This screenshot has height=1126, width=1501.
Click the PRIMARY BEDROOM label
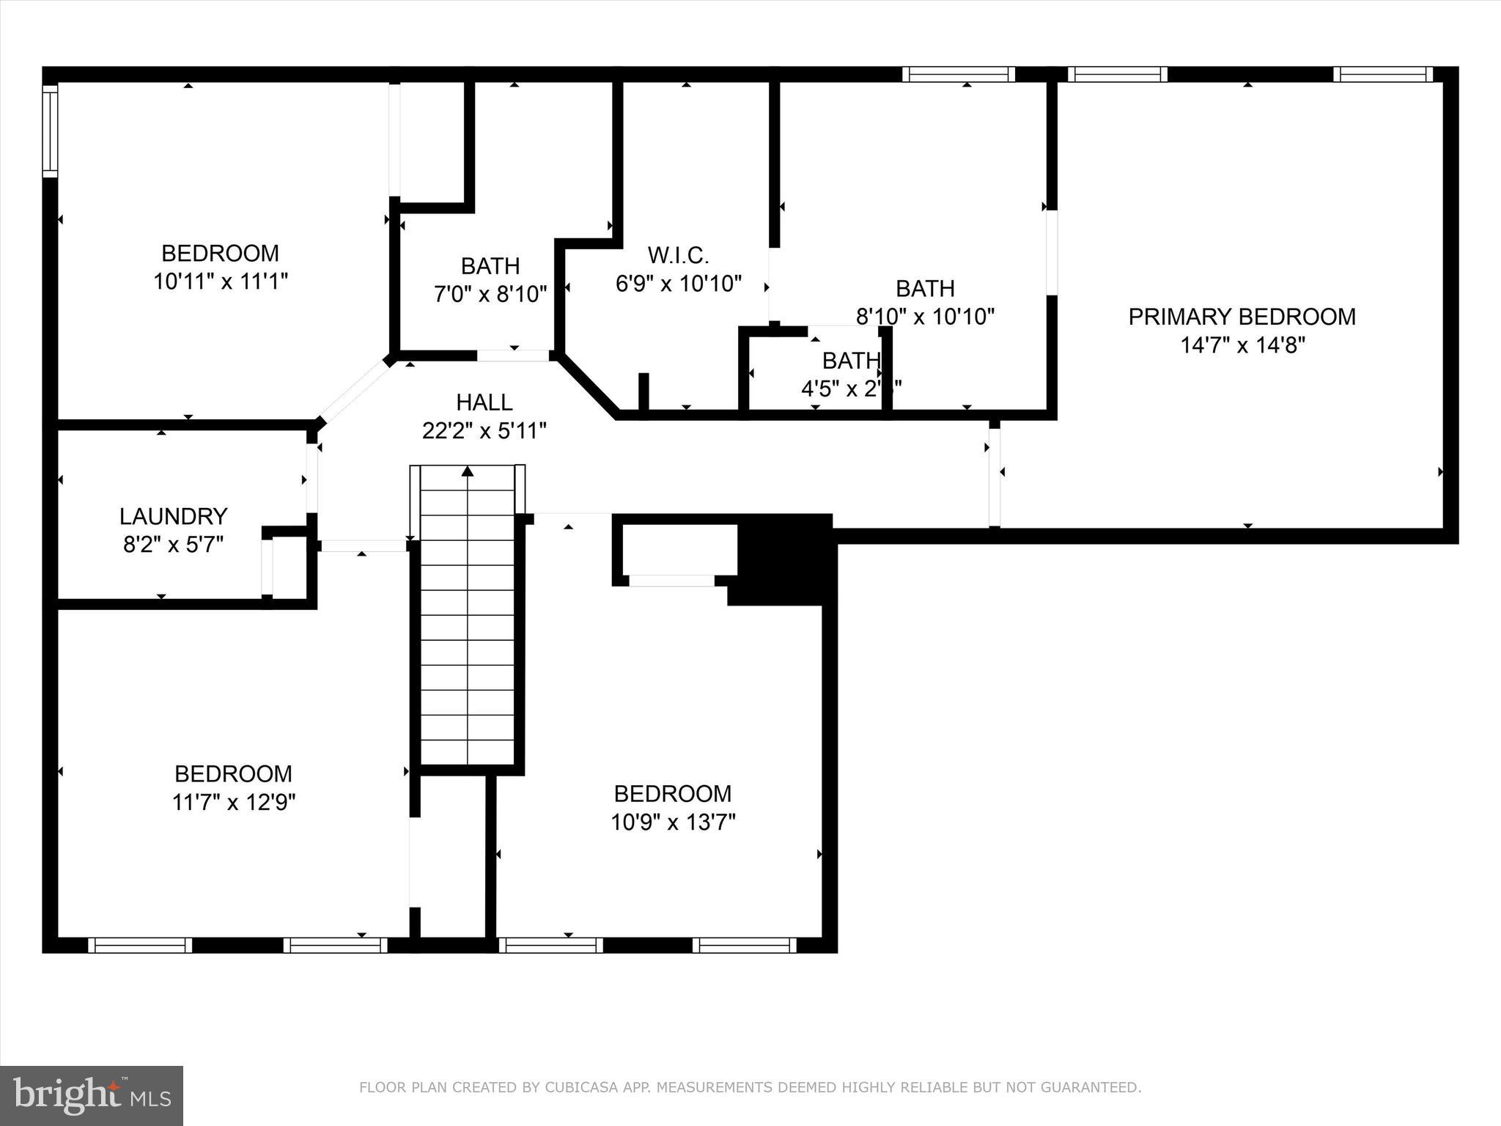(1242, 317)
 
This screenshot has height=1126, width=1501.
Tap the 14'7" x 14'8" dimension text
(1242, 345)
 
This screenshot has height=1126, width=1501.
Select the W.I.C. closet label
(678, 255)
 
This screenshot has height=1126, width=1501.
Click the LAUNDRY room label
(173, 516)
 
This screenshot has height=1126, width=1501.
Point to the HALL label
(484, 402)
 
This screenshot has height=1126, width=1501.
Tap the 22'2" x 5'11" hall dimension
(484, 430)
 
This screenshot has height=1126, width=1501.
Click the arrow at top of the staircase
(468, 471)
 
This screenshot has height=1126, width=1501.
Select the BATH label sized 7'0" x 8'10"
(490, 265)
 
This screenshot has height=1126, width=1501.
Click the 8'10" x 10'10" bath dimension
(925, 317)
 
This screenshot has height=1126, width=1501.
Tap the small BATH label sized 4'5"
(851, 360)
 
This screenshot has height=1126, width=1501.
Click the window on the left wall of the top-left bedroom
(50, 130)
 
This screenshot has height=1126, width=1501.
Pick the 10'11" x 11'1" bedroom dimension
(220, 281)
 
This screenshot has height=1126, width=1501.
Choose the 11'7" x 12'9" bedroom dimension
(233, 803)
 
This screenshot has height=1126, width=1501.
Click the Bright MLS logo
(91, 1095)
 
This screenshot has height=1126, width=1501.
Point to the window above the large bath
(958, 74)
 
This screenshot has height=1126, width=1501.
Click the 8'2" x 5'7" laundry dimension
(173, 545)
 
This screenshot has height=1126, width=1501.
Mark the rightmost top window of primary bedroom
(1382, 74)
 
